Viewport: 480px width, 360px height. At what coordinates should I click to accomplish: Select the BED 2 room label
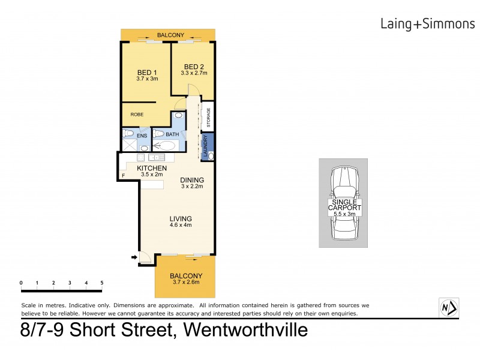click(194, 67)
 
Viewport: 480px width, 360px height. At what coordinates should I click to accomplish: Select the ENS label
click(142, 136)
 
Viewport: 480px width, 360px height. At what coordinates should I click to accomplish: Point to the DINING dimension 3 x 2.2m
click(192, 187)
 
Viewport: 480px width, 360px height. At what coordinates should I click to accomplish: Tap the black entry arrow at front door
click(133, 259)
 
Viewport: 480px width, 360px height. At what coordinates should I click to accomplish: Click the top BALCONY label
click(170, 35)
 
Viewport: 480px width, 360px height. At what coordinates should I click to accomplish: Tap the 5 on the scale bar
click(102, 282)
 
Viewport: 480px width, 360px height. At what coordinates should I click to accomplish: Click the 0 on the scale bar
click(21, 282)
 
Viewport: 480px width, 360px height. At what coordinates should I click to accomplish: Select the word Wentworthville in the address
click(247, 330)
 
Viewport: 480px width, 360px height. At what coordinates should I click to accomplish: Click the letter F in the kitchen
click(123, 175)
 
